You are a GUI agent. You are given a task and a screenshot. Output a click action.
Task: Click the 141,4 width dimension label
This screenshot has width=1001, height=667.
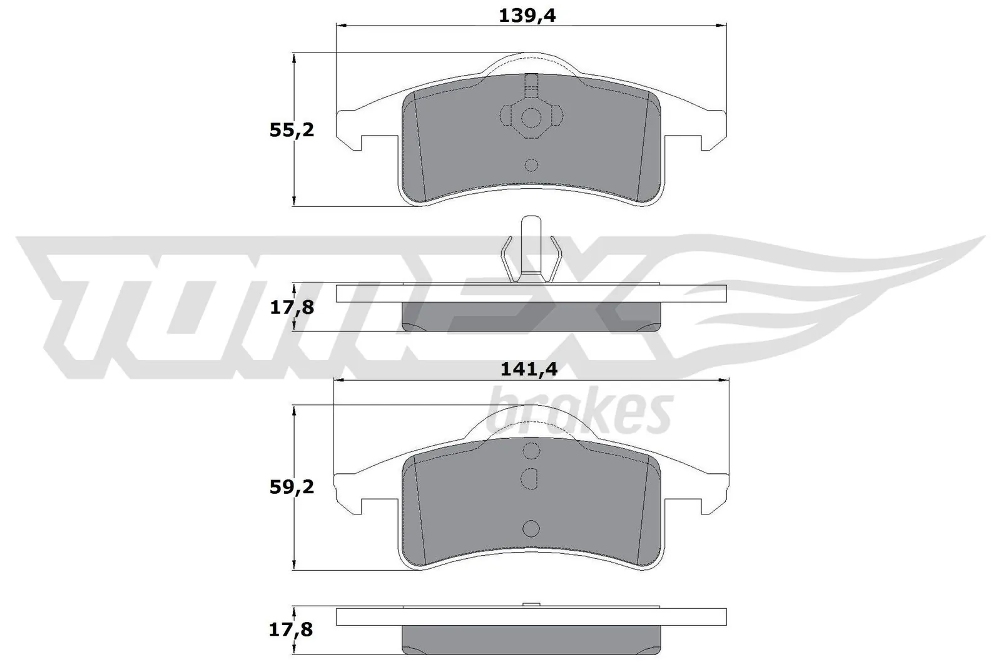pos(529,369)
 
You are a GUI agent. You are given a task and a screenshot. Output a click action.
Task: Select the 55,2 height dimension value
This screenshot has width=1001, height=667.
pos(292,131)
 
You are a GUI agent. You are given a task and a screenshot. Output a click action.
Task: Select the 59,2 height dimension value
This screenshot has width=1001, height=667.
pos(292,487)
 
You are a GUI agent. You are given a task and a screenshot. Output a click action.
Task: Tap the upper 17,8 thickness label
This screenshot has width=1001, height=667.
pos(292,308)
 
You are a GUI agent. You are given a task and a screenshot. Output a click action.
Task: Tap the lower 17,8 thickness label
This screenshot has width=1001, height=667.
pos(292,629)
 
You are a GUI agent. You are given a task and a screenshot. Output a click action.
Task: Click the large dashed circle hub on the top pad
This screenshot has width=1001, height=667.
pos(531,117)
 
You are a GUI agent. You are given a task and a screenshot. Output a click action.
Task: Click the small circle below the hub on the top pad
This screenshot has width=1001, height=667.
pos(531,165)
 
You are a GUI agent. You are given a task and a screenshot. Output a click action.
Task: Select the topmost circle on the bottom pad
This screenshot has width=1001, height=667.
pos(531,451)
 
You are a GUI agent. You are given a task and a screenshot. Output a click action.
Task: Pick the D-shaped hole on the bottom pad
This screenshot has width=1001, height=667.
pos(530,478)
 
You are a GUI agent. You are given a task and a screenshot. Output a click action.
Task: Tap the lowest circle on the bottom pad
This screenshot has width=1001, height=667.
pos(531,529)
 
